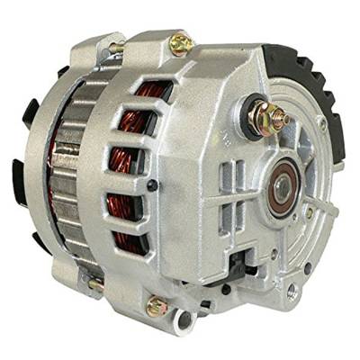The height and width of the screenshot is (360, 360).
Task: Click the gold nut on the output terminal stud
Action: click(274, 115)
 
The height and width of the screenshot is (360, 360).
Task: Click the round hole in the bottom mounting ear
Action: click(184, 319)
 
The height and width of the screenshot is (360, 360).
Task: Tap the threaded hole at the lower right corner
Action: click(290, 292)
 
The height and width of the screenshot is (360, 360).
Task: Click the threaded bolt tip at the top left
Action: click(115, 48)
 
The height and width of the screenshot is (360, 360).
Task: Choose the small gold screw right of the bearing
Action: click(310, 214)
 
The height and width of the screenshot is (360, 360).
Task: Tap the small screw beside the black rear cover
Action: click(320, 127)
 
